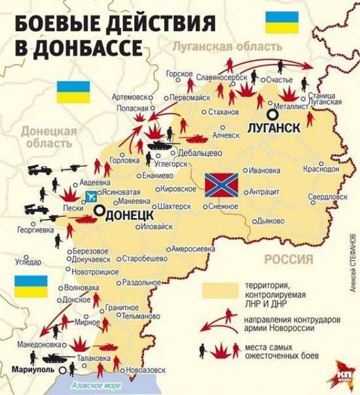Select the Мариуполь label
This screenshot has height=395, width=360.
[32, 370]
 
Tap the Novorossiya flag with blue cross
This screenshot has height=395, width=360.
[221, 185]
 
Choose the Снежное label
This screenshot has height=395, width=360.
[222, 207]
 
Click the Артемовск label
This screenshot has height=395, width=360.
[130, 97]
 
